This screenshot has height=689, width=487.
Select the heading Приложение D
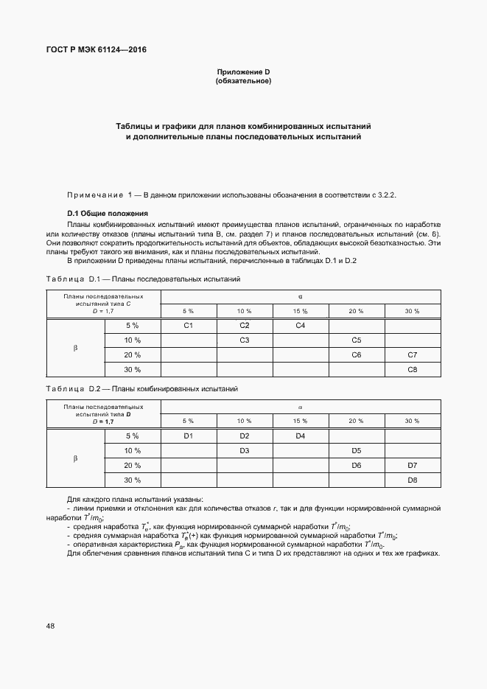click(243, 71)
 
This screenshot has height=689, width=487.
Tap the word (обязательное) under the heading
click(243, 80)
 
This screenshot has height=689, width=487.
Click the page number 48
click(50, 626)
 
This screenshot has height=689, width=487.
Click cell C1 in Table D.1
click(188, 325)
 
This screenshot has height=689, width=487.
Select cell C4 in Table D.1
click(300, 325)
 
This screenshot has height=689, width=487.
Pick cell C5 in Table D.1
click(356, 340)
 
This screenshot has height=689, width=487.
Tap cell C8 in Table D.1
click(412, 369)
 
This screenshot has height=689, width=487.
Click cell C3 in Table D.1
click(244, 340)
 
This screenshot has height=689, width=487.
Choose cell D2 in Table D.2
click(244, 436)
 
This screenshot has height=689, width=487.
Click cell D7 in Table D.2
click(412, 466)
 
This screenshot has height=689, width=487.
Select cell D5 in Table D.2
click(356, 451)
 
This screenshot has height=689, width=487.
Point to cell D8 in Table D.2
click(412, 480)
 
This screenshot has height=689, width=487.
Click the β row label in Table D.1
click(75, 347)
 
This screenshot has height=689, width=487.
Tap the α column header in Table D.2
click(300, 406)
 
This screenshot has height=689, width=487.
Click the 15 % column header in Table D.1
click(300, 311)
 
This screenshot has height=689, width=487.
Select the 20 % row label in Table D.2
click(132, 466)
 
